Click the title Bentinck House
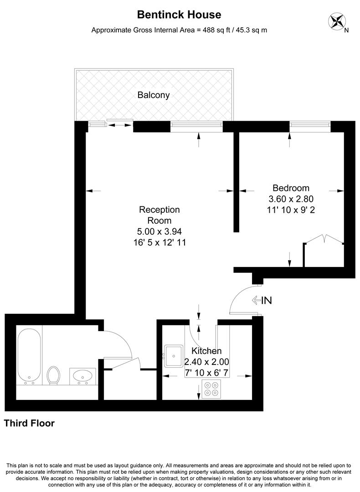pyautogui.click(x=179, y=15)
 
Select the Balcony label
pyautogui.click(x=154, y=95)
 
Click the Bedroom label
pyautogui.click(x=291, y=188)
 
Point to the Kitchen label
pyautogui.click(x=206, y=351)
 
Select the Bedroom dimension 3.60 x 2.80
pyautogui.click(x=291, y=199)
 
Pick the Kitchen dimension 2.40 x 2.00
pyautogui.click(x=206, y=362)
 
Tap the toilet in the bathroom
pyautogui.click(x=54, y=375)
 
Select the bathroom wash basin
pyautogui.click(x=83, y=376)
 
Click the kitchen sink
pyautogui.click(x=174, y=355)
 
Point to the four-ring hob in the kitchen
pyautogui.click(x=211, y=388)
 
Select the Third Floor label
pyautogui.click(x=29, y=423)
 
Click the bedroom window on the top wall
pyautogui.click(x=310, y=126)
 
